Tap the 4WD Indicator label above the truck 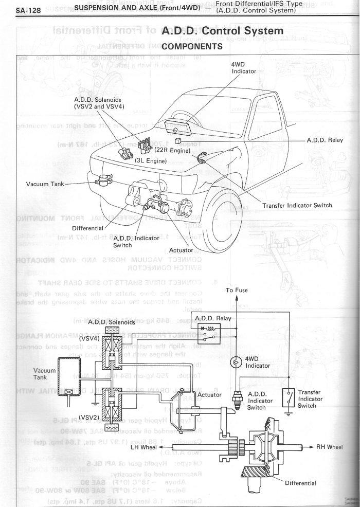(244, 67)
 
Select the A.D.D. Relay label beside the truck (325, 140)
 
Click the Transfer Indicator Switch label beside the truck (297, 205)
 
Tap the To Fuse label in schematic (237, 290)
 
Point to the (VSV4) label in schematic (89, 338)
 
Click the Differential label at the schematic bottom (300, 483)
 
